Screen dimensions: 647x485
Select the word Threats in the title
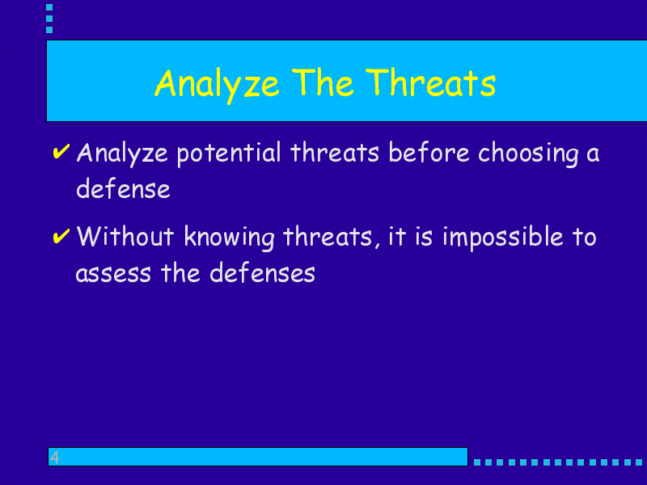pos(430,82)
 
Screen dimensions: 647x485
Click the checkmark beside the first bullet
pos(61,151)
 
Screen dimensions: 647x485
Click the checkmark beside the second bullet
pos(61,236)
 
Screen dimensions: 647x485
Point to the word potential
pos(229,154)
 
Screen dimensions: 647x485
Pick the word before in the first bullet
pos(429,152)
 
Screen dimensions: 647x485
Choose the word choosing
pos(528,154)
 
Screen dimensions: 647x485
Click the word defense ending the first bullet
pos(123,188)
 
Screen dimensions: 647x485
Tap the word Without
pos(125,236)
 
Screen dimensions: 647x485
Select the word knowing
pos(229,238)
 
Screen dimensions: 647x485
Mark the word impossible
pos(502,238)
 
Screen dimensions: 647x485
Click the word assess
pos(113,274)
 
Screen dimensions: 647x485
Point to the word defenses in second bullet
pos(262,273)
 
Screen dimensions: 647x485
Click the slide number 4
pos(54,457)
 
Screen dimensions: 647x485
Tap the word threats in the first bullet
pos(335,152)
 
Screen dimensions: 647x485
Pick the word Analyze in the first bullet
pos(122,154)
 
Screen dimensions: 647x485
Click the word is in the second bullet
pos(424,237)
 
